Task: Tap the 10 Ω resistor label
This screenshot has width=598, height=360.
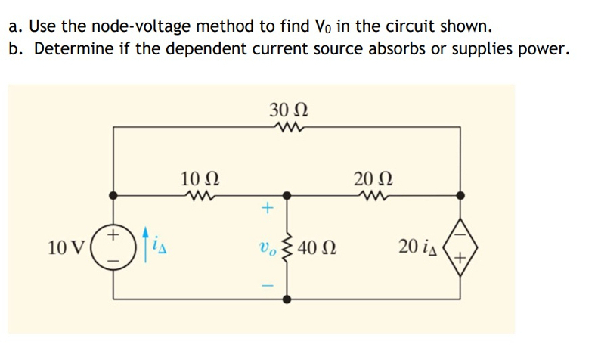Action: coord(201,179)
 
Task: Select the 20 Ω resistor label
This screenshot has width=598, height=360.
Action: coord(371,179)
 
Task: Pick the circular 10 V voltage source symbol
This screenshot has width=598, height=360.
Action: coord(113,247)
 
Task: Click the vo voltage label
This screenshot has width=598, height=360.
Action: coord(266,247)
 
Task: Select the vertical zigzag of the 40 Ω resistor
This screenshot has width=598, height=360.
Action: coord(288,247)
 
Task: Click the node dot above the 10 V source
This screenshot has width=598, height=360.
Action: coord(113,195)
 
